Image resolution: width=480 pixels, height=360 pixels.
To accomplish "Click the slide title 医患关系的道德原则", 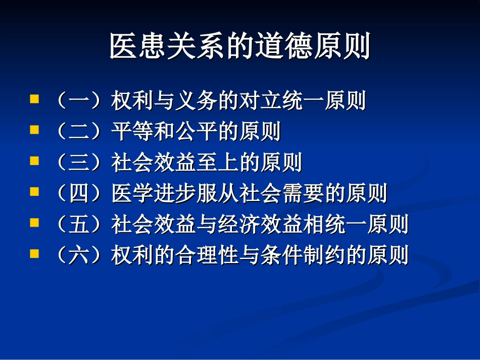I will click(240, 46).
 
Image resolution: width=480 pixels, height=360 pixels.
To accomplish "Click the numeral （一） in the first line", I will click(79, 101).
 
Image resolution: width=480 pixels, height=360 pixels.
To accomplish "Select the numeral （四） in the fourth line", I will click(79, 194).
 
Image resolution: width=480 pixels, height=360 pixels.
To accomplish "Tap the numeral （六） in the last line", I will click(79, 256).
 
